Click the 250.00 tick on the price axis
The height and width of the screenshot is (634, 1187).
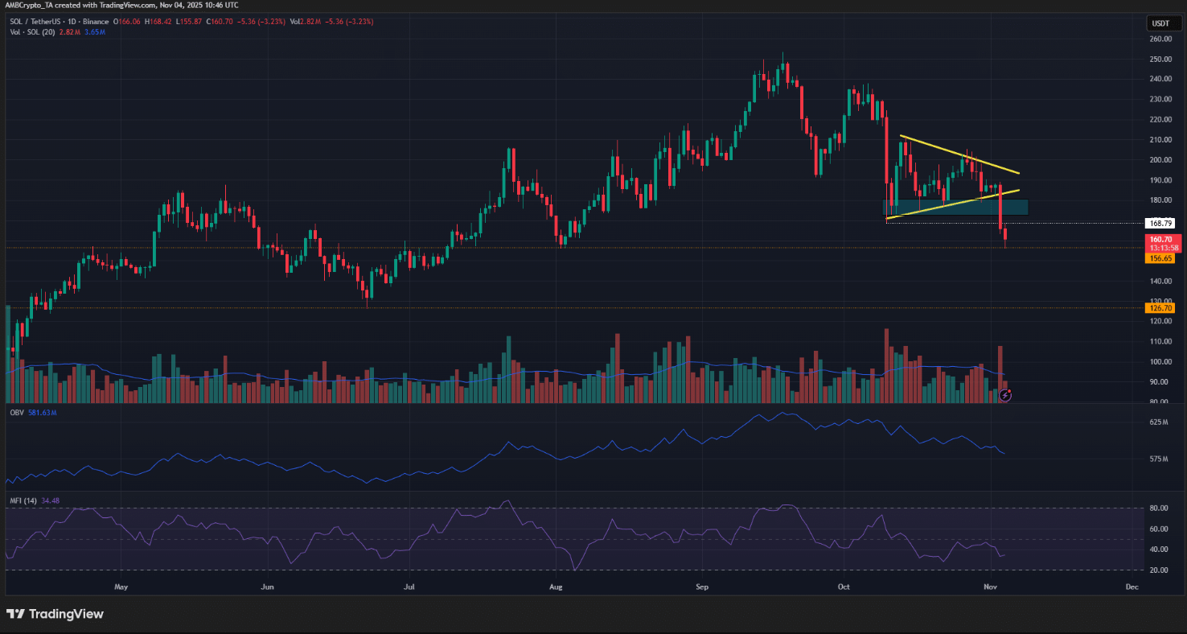1160,60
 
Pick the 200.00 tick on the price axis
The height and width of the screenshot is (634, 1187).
1160,160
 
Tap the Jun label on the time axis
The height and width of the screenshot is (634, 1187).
267,587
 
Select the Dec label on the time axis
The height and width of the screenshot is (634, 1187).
1132,587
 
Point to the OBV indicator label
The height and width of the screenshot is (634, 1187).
16,412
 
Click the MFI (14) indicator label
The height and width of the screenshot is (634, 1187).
23,500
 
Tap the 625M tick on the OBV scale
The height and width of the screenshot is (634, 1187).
1160,422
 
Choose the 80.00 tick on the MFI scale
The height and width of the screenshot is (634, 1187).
1160,508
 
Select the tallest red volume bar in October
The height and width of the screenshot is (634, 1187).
886,365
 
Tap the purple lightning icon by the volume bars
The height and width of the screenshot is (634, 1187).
1004,395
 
